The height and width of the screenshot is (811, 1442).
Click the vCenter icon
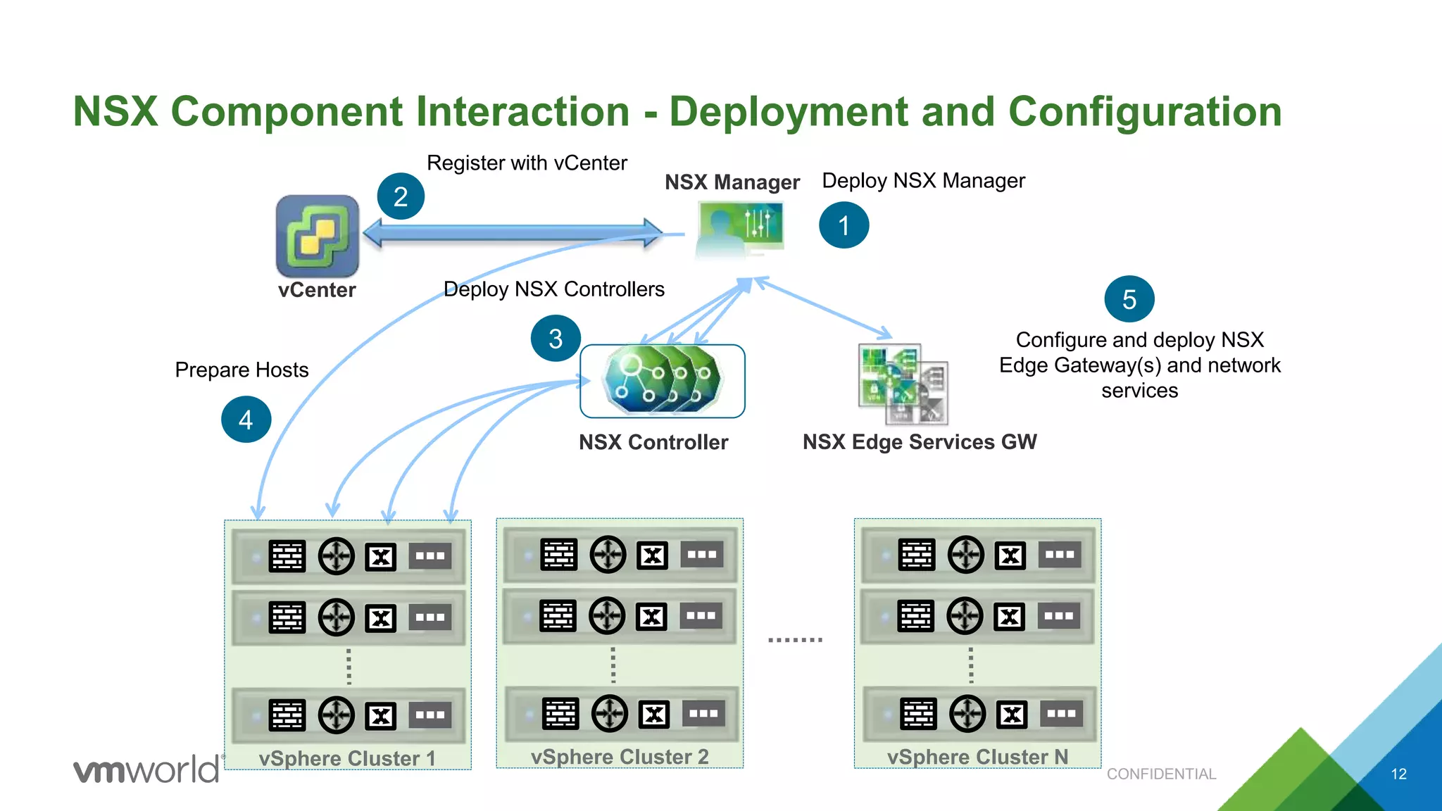coord(318,236)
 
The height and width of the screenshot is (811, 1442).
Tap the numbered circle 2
coord(401,196)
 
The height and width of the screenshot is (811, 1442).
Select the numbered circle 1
coord(844,225)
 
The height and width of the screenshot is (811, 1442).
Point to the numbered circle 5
coord(1129,299)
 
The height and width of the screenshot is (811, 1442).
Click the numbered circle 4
coord(246,420)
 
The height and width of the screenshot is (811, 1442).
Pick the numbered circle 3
coord(556,339)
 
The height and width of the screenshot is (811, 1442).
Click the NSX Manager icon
coord(739,229)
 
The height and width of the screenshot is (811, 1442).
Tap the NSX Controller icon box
coord(662,381)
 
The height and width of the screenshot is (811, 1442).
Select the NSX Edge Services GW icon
coord(903,384)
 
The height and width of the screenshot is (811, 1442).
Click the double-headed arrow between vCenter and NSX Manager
coord(513,233)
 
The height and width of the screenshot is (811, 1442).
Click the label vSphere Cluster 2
coord(620,757)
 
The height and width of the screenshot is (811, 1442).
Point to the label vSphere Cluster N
coord(977,757)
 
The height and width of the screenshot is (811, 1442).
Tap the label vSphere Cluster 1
coord(347,758)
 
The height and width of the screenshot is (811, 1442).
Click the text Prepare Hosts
coord(242,370)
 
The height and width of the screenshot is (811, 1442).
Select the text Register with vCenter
coord(527,163)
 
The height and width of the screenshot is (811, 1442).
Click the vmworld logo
coord(146,769)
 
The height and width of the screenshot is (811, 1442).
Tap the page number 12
coord(1398,774)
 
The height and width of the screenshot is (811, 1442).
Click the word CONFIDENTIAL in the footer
coord(1161,774)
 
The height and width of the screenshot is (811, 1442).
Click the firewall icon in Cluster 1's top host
coord(287,556)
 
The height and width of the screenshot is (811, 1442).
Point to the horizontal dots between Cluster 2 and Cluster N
coord(795,640)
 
